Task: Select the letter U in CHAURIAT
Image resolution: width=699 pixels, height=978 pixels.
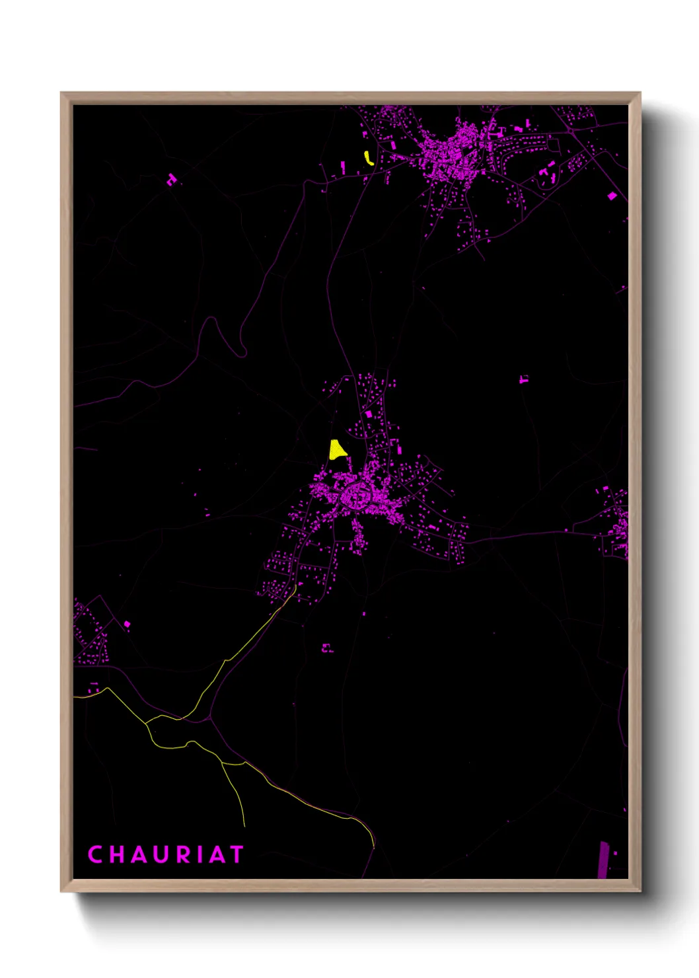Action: [x=162, y=854]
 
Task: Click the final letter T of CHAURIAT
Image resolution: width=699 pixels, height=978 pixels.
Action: [x=236, y=854]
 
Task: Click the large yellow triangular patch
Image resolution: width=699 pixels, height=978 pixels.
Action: [x=337, y=450]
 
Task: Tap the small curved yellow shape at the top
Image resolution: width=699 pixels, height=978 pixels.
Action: [x=369, y=158]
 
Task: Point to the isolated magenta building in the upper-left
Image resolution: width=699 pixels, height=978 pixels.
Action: [x=172, y=179]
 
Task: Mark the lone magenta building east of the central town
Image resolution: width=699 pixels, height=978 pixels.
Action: [x=524, y=379]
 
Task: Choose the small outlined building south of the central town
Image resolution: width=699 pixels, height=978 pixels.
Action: [x=327, y=648]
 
